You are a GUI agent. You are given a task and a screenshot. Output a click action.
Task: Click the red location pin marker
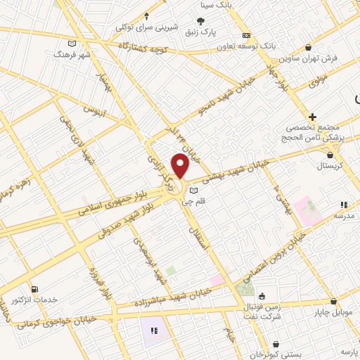click(181, 167)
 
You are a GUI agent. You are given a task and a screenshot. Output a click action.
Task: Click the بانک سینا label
click(257, 5)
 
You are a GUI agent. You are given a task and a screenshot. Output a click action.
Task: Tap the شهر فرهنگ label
click(75, 54)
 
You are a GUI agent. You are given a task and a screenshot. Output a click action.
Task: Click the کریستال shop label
click(329, 165)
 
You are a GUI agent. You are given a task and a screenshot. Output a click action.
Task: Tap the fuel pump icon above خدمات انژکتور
click(35, 289)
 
